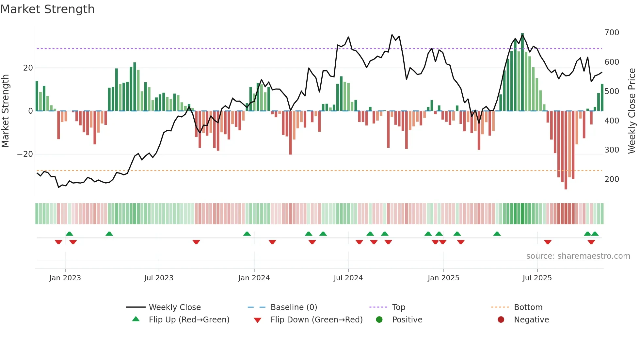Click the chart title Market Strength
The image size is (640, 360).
coord(47,9)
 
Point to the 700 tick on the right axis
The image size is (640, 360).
coord(612,33)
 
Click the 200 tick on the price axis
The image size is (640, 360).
coord(612,179)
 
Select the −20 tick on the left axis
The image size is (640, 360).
coord(25,154)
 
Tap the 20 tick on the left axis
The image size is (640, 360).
coord(28,68)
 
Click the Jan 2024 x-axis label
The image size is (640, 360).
coord(254,278)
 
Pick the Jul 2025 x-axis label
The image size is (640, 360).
coord(537,278)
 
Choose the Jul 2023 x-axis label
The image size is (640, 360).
coord(159,278)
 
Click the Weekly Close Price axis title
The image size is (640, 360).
coord(632,111)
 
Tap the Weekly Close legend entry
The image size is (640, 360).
coord(174,307)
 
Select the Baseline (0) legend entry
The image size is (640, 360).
coord(294,307)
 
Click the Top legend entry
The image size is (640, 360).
coord(398,307)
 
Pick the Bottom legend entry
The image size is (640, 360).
coord(528,307)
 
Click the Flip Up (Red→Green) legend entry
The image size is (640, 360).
coord(189,320)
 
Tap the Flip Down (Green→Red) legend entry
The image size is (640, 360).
coord(316,320)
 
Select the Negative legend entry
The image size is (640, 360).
coord(531,320)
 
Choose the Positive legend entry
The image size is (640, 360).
coord(407,320)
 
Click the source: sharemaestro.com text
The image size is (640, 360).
coord(578,256)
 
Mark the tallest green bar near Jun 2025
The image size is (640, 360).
coord(522,72)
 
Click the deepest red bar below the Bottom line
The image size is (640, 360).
coord(566,150)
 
